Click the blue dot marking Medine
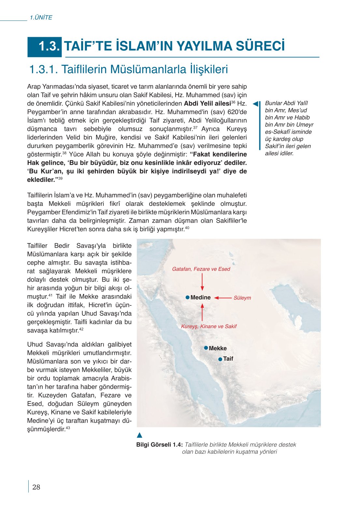pyautogui.click(x=188, y=298)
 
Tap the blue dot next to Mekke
pyautogui.click(x=206, y=348)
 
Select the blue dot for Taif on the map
pyautogui.click(x=220, y=359)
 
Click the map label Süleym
pyautogui.click(x=242, y=298)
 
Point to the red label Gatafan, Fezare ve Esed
pyautogui.click(x=201, y=269)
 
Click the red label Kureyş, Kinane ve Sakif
pyautogui.click(x=209, y=327)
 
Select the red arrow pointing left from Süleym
pyautogui.click(x=223, y=298)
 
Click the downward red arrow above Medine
pyautogui.click(x=202, y=282)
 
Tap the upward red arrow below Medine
pyautogui.click(x=202, y=312)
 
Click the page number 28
pyautogui.click(x=36, y=487)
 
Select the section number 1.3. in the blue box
pyautogui.click(x=49, y=46)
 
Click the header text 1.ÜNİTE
pyautogui.click(x=41, y=18)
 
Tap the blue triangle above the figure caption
pyautogui.click(x=140, y=435)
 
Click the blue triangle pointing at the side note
pyautogui.click(x=256, y=104)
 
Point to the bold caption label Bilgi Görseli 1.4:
pyautogui.click(x=159, y=445)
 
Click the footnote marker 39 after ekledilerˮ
pyautogui.click(x=61, y=179)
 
